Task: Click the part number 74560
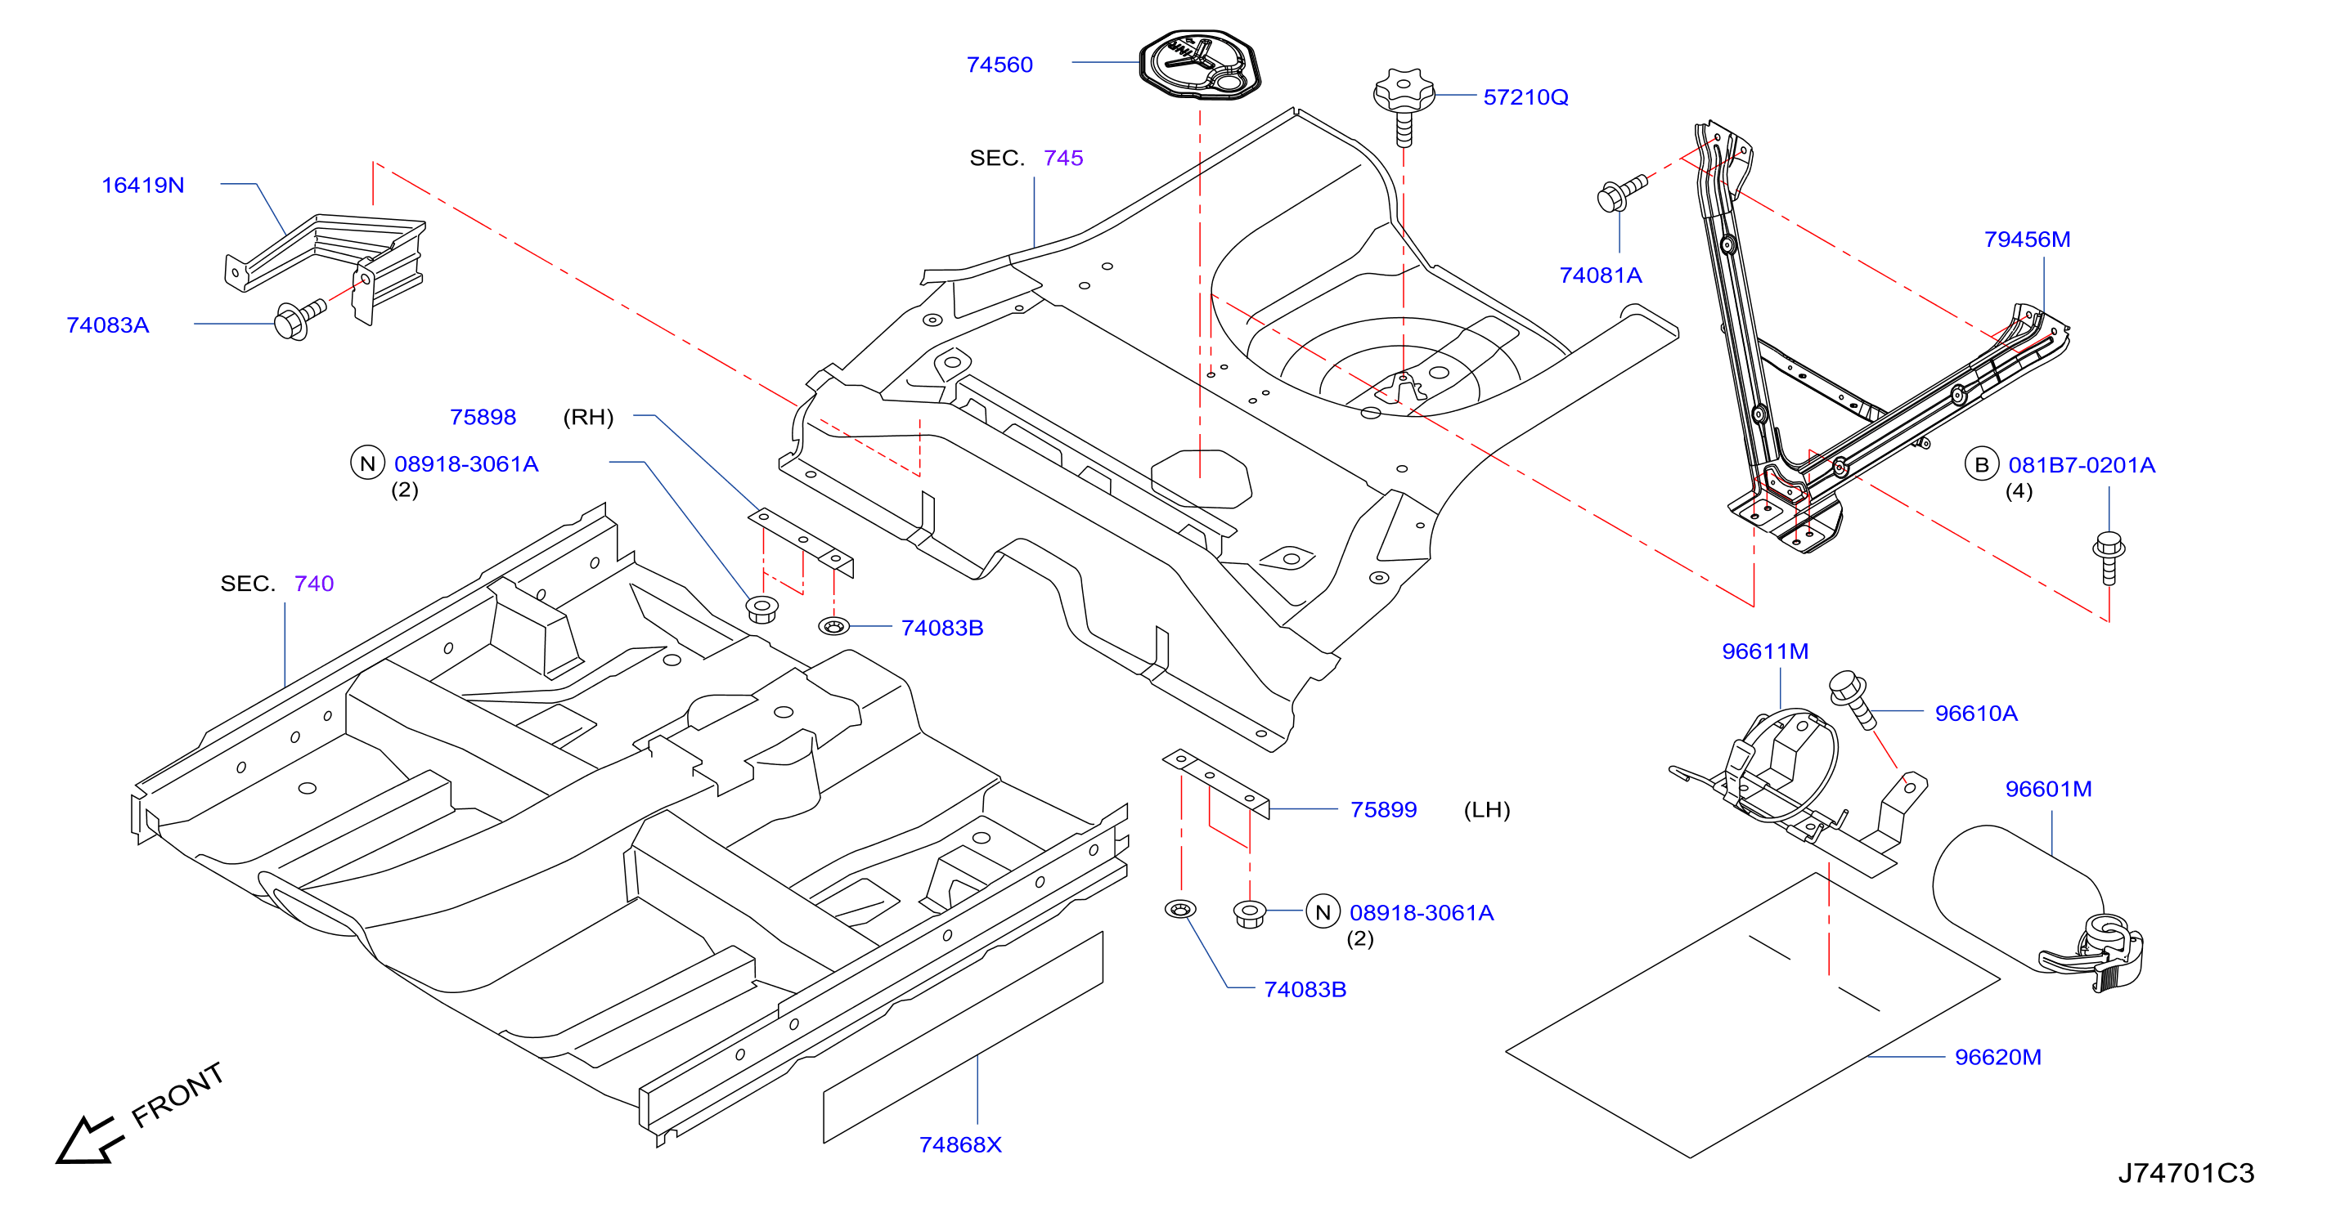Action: (x=1000, y=65)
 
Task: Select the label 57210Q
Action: (x=1525, y=97)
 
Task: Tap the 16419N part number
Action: (x=143, y=186)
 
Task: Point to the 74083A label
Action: (x=107, y=325)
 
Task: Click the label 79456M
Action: (x=2028, y=239)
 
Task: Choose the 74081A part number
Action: (x=1601, y=275)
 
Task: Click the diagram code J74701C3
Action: (x=2186, y=1173)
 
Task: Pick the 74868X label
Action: (x=960, y=1145)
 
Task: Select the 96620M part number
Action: (x=1998, y=1058)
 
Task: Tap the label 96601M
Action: (x=2048, y=789)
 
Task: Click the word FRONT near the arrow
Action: (x=177, y=1094)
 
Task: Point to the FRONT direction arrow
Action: (x=88, y=1140)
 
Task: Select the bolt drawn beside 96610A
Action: (x=1853, y=699)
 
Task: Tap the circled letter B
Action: (x=1982, y=465)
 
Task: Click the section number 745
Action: (x=1063, y=159)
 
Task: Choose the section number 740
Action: (x=314, y=584)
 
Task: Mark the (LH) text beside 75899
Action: (x=1486, y=810)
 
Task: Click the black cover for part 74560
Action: (x=1200, y=65)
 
